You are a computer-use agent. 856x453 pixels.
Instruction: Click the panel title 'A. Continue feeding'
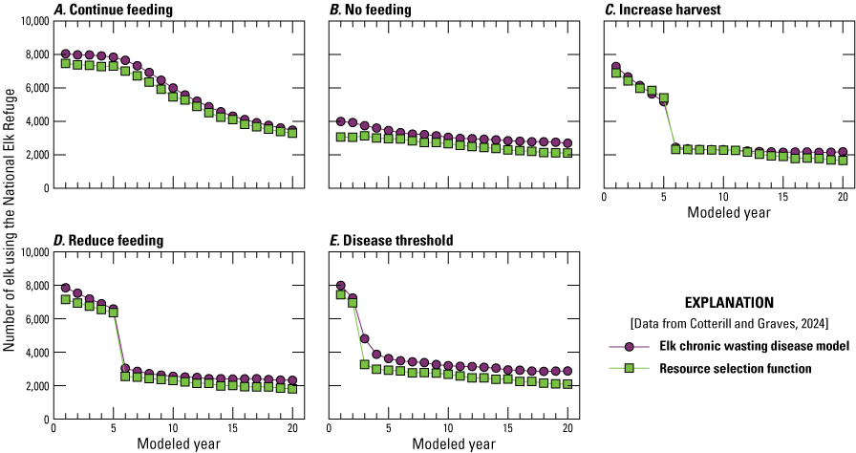114,10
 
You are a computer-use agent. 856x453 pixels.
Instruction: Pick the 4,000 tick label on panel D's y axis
32,353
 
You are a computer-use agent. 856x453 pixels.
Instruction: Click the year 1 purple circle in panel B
341,121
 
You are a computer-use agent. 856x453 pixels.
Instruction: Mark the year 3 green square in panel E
364,365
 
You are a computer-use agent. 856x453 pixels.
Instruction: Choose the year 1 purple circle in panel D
66,288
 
